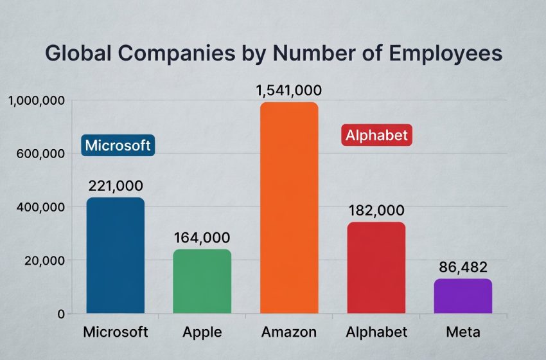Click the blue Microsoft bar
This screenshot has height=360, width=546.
(116, 256)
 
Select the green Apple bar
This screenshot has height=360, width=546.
(202, 282)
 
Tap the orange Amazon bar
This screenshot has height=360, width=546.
(289, 208)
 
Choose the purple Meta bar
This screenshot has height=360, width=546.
(463, 296)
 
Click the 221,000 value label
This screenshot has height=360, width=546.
(116, 186)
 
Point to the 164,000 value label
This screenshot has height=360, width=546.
(202, 237)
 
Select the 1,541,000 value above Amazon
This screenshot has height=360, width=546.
(289, 90)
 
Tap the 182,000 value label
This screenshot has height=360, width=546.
(376, 210)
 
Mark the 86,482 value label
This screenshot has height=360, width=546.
(463, 267)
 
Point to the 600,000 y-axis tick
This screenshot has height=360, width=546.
(39, 154)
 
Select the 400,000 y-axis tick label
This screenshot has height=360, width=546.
(39, 208)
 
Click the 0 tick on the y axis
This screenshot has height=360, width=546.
(60, 314)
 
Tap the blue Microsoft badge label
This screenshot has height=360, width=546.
(118, 145)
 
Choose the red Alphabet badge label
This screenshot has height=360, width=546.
(376, 136)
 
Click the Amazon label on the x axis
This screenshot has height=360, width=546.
(289, 332)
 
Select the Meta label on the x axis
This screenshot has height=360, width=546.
(463, 332)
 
